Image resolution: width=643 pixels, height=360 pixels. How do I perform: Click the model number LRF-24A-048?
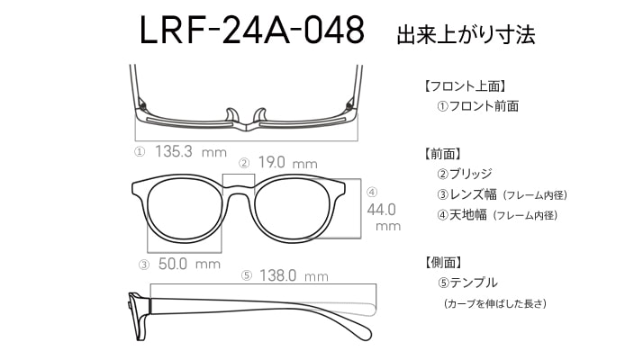pyautogui.click(x=252, y=30)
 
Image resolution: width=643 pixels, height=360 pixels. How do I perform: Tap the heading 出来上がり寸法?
pyautogui.click(x=466, y=34)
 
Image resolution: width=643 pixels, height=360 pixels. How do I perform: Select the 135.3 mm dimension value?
pyautogui.click(x=191, y=152)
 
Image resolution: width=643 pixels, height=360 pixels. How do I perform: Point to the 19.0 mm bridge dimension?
pyautogui.click(x=288, y=163)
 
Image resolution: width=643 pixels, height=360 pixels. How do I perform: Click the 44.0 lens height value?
pyautogui.click(x=382, y=210)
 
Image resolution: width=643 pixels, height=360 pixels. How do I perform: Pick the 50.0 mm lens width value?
pyautogui.click(x=189, y=264)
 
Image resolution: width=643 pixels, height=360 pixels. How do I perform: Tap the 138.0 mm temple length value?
pyautogui.click(x=294, y=275)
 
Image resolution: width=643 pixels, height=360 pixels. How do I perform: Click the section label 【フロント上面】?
pyautogui.click(x=466, y=86)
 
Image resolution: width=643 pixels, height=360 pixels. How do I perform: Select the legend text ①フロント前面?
pyautogui.click(x=478, y=106)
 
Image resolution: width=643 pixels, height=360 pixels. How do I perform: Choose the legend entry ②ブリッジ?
pyautogui.click(x=465, y=174)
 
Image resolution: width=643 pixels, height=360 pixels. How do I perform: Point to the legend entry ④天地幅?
pyautogui.click(x=462, y=214)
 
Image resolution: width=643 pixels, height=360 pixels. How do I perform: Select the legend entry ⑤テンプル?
pyautogui.click(x=467, y=283)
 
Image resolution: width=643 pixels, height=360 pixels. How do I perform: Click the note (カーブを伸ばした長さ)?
pyautogui.click(x=495, y=304)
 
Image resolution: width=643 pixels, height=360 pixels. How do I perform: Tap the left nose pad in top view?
pyautogui.click(x=231, y=115)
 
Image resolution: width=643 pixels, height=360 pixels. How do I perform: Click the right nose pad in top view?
pyautogui.click(x=260, y=115)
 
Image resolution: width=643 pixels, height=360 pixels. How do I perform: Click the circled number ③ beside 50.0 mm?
pyautogui.click(x=143, y=265)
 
